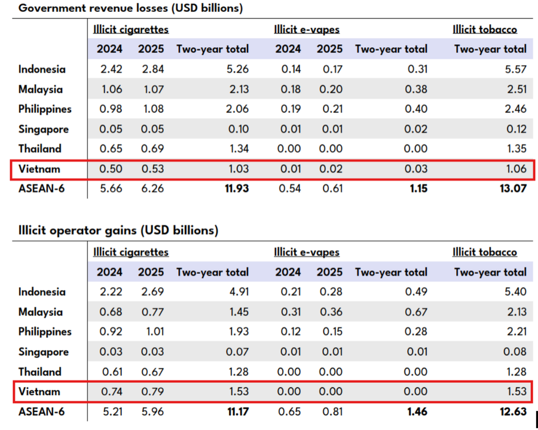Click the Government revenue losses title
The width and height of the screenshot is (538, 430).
click(130, 8)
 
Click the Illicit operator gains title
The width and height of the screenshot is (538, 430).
click(118, 230)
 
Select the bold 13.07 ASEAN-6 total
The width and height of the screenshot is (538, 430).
click(513, 188)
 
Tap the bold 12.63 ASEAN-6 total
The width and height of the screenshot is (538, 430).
click(513, 411)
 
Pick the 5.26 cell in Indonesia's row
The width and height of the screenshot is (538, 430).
click(237, 69)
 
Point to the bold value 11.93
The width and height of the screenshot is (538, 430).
click(237, 188)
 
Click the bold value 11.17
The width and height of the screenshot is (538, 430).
click(238, 411)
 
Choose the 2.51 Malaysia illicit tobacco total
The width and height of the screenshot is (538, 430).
click(516, 89)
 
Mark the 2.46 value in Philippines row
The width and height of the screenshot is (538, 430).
click(516, 109)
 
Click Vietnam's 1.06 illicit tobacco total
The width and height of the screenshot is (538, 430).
click(516, 168)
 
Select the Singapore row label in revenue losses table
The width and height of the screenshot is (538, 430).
click(44, 129)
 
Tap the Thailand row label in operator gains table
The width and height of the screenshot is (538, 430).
click(40, 371)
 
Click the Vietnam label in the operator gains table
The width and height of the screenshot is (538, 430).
click(39, 391)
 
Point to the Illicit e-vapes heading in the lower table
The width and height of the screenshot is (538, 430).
click(307, 252)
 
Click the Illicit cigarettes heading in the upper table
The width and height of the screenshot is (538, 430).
click(131, 29)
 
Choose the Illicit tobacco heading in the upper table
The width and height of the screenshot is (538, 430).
click(485, 29)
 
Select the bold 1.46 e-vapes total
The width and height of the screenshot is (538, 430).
click(417, 411)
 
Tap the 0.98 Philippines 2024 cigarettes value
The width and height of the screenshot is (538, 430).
click(111, 109)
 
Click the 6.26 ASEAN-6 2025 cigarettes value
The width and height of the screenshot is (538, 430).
click(152, 188)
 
